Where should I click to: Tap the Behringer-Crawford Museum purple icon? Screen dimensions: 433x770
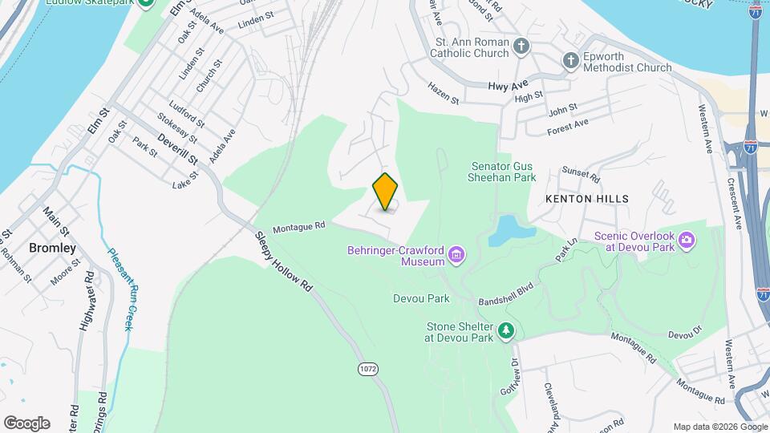click(457, 256)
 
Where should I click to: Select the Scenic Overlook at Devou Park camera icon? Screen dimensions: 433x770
click(686, 240)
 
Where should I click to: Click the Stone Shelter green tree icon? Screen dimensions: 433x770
click(506, 330)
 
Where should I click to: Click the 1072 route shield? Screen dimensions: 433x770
click(367, 368)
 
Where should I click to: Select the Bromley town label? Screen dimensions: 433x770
click(52, 248)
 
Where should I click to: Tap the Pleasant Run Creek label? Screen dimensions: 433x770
click(120, 288)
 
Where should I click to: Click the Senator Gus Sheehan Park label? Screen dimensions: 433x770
click(503, 172)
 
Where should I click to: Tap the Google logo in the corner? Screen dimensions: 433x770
click(26, 423)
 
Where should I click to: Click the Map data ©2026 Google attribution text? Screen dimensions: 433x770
click(719, 427)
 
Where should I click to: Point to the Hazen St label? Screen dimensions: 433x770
click(443, 93)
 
